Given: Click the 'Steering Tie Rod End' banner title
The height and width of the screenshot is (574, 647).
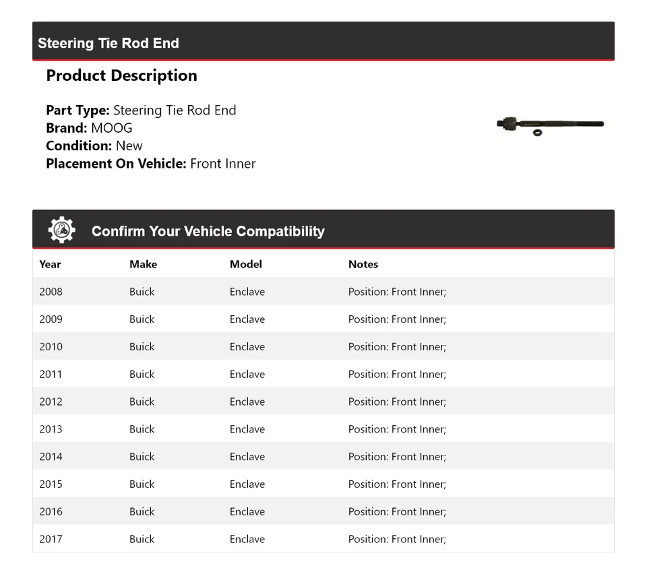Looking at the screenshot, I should pyautogui.click(x=109, y=43).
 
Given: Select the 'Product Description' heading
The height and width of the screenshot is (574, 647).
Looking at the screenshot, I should pyautogui.click(x=121, y=75).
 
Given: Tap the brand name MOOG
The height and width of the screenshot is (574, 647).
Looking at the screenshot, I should pyautogui.click(x=111, y=128).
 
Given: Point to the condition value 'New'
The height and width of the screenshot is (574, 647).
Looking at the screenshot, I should pyautogui.click(x=129, y=146).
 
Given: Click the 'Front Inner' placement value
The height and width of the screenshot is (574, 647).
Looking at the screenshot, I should pyautogui.click(x=223, y=163).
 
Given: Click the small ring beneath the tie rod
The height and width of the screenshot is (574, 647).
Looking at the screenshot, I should pyautogui.click(x=537, y=133).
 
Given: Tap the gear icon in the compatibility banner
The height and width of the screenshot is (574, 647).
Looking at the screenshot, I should pyautogui.click(x=61, y=230).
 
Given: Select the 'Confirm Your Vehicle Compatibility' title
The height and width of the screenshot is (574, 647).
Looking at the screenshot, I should pyautogui.click(x=208, y=231).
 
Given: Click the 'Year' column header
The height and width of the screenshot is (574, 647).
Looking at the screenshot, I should pyautogui.click(x=50, y=264).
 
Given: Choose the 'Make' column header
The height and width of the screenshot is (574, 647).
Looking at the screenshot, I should pyautogui.click(x=143, y=264).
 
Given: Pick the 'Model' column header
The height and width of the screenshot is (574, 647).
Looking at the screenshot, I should pyautogui.click(x=245, y=264).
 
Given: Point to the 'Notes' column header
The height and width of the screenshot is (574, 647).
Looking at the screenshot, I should pyautogui.click(x=363, y=264).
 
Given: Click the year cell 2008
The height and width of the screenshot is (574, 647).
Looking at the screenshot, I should pyautogui.click(x=51, y=292).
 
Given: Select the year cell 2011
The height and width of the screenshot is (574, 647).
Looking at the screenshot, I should pyautogui.click(x=51, y=374).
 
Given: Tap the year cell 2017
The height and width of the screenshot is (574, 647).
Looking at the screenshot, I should pyautogui.click(x=51, y=539).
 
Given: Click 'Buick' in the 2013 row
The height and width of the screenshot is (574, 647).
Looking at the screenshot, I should pyautogui.click(x=142, y=429).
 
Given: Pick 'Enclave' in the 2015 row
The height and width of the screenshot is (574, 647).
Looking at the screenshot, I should pyautogui.click(x=247, y=484).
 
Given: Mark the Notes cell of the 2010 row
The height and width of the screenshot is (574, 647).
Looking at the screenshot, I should pyautogui.click(x=397, y=346).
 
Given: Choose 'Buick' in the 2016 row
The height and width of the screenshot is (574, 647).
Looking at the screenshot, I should pyautogui.click(x=142, y=511).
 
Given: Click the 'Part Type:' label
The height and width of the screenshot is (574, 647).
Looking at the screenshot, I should pyautogui.click(x=78, y=110).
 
